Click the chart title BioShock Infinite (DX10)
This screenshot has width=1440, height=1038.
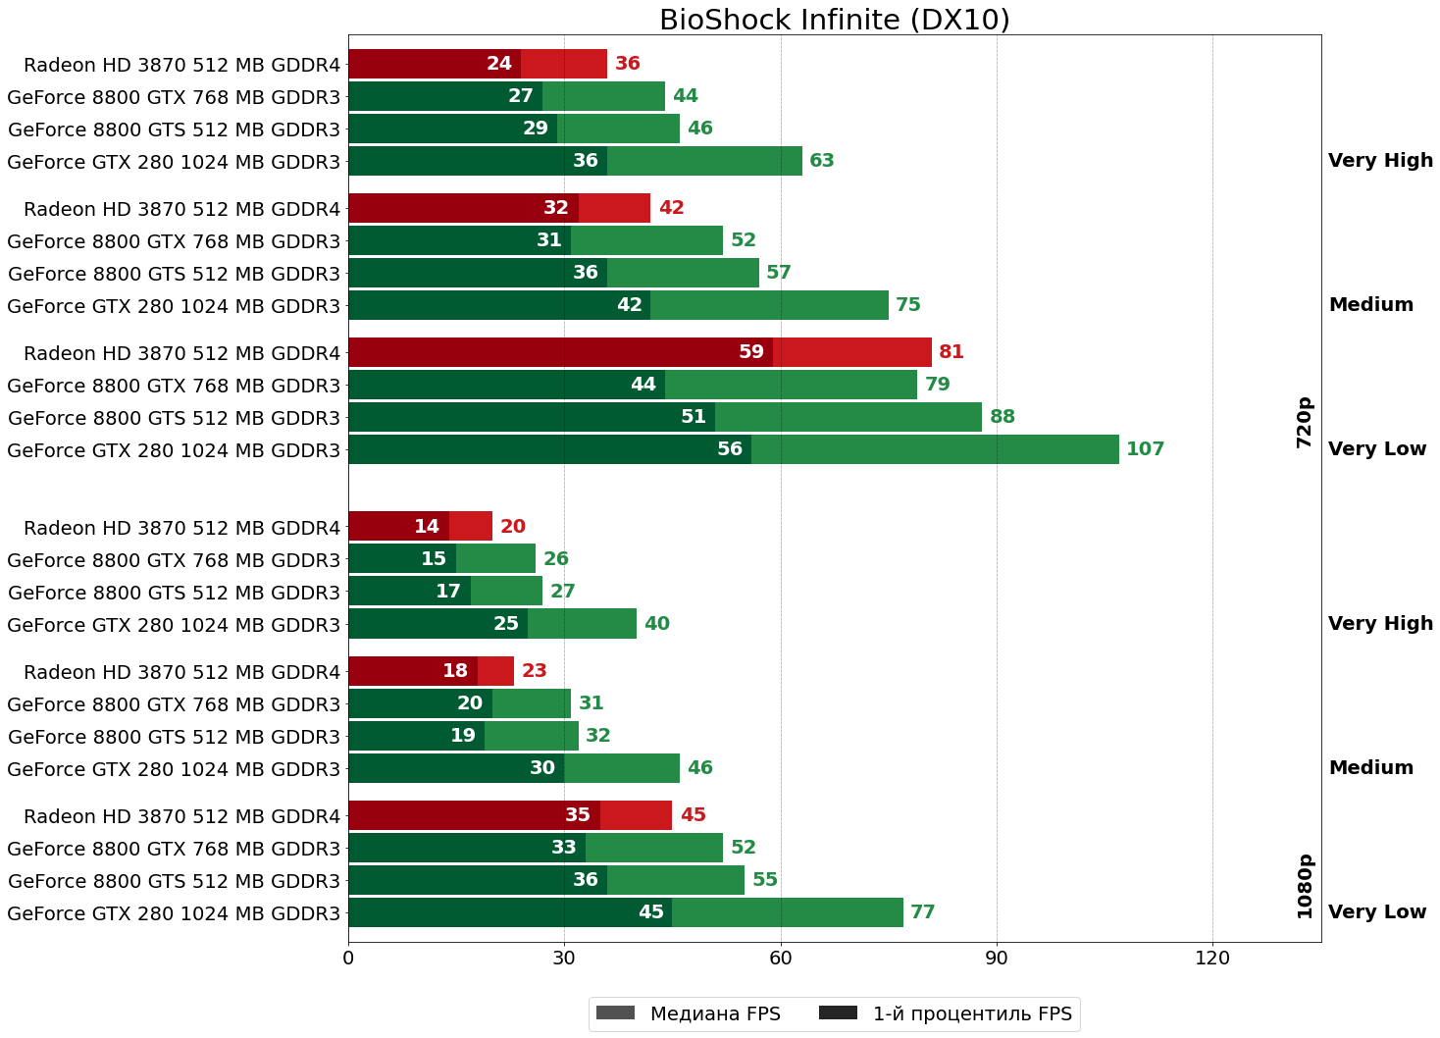click(834, 20)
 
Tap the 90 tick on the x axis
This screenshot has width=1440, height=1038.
click(997, 958)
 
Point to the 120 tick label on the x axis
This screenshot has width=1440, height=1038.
click(1212, 958)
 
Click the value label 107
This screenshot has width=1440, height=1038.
click(1145, 449)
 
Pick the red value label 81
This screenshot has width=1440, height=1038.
click(951, 352)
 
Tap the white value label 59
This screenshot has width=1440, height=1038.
click(751, 352)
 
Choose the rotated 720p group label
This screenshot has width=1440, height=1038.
click(1304, 423)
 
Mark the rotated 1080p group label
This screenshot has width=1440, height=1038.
click(1304, 886)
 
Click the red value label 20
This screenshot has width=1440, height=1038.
click(513, 527)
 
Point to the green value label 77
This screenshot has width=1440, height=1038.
click(923, 912)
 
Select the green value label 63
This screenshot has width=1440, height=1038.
click(822, 161)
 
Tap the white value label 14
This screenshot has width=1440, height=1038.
click(427, 527)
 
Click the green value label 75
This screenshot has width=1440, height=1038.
click(908, 305)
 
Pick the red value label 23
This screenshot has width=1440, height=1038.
click(535, 671)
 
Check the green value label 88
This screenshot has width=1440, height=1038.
click(1003, 417)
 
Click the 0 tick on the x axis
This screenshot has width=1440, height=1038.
click(348, 958)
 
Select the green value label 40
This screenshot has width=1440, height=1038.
click(657, 624)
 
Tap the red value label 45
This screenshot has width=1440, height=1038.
click(694, 815)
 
